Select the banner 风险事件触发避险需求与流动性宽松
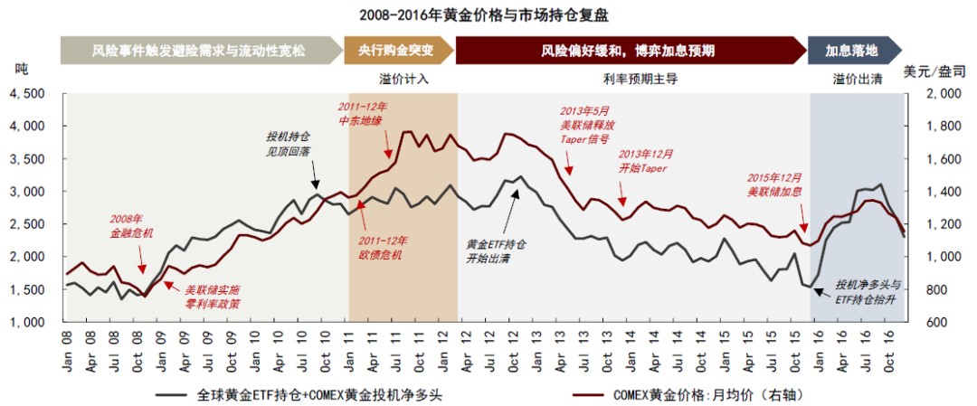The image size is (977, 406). [198, 51]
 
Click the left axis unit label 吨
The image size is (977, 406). [23, 70]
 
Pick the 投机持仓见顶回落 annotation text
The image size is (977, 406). [288, 144]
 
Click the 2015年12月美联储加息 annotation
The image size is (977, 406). [774, 185]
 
